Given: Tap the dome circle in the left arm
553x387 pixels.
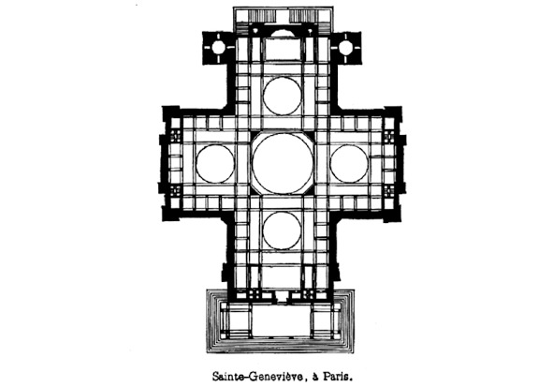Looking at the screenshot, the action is [196, 163].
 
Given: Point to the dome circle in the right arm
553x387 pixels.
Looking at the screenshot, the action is [330, 163].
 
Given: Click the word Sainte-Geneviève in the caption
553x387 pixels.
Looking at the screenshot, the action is [257, 377].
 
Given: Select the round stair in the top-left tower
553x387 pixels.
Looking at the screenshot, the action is [218, 48].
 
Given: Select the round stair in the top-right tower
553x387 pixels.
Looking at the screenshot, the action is [345, 48].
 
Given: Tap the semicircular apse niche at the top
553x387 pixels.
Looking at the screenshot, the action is [283, 33].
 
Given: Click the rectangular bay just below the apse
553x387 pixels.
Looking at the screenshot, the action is [283, 49].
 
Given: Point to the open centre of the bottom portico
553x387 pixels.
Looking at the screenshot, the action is [283, 320].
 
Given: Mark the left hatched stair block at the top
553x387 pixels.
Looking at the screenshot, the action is [262, 16].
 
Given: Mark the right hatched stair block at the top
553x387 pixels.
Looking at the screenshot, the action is [302, 16].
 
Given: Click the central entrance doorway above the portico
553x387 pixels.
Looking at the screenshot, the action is [283, 296].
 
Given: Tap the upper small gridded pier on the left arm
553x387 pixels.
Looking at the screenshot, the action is [175, 136].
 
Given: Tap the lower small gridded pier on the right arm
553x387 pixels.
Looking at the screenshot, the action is [389, 191].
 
